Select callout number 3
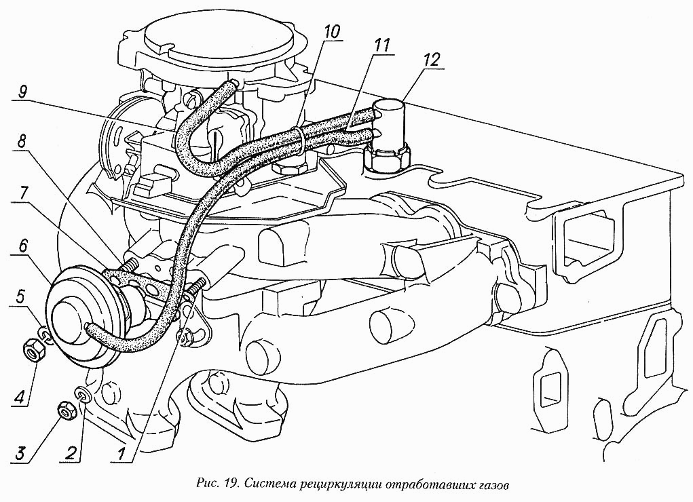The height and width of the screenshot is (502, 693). (20, 452)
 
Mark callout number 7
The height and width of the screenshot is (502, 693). (23, 194)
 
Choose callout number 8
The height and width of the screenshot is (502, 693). (22, 142)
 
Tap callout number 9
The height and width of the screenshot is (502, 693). (22, 92)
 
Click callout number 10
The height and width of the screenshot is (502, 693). (331, 32)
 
